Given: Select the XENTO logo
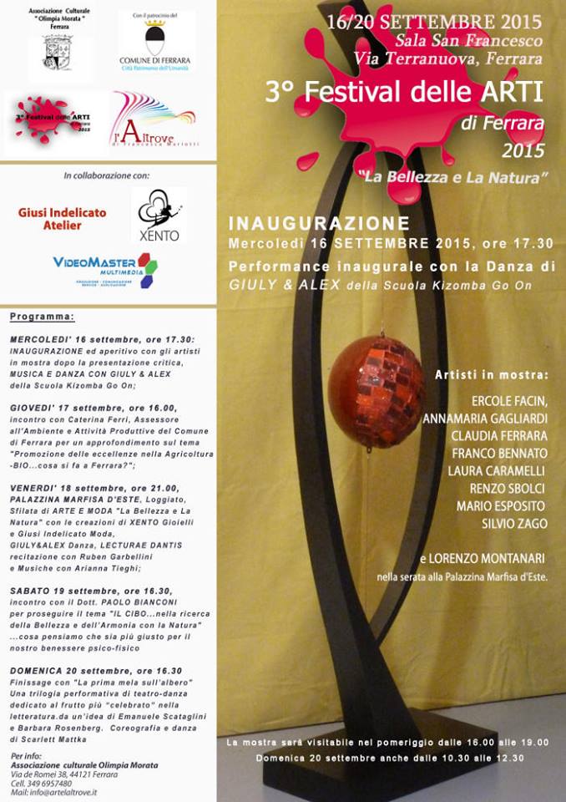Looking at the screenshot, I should pyautogui.click(x=159, y=216).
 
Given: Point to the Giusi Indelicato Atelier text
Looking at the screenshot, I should pyautogui.click(x=62, y=219).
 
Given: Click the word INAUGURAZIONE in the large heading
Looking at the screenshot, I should pyautogui.click(x=319, y=223).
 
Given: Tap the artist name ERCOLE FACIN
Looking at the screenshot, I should pyautogui.click(x=508, y=399).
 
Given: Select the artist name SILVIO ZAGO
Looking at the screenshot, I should pyautogui.click(x=514, y=524).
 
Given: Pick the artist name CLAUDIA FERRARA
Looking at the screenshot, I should pyautogui.click(x=499, y=435).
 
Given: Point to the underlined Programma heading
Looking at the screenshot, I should pyautogui.click(x=43, y=317).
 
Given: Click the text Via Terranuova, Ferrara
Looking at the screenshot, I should pyautogui.click(x=448, y=58).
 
